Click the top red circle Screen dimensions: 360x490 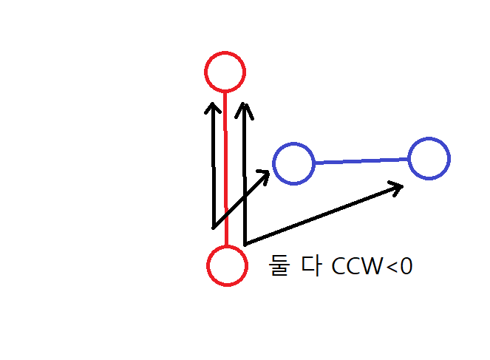click(x=224, y=72)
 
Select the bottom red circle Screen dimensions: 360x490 click(x=227, y=265)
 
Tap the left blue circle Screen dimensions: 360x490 click(x=293, y=163)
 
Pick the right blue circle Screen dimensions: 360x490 click(x=429, y=158)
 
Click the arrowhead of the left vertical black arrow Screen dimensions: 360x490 click(x=212, y=108)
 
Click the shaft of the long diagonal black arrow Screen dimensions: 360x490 click(x=318, y=215)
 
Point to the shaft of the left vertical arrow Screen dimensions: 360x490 click(x=213, y=170)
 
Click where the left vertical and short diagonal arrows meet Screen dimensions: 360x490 click(x=214, y=226)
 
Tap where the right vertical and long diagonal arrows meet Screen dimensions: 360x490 click(x=245, y=242)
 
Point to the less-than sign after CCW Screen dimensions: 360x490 click(x=391, y=267)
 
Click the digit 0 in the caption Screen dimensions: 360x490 click(x=405, y=266)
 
